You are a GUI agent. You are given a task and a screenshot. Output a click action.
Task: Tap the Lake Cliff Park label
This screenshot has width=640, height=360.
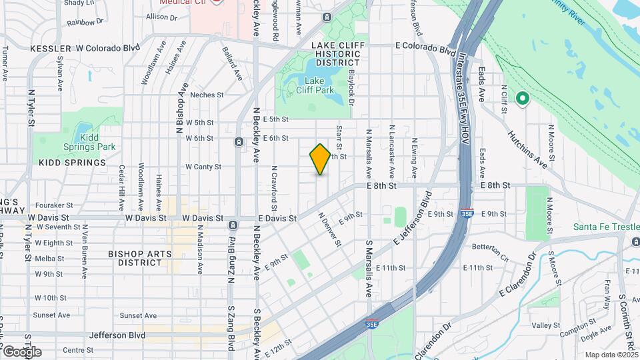click(x=315, y=85)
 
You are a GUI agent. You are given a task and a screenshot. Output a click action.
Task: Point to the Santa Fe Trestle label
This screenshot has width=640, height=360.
click(x=606, y=227)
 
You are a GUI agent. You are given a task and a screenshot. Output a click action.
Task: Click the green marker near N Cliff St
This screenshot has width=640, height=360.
click(x=523, y=99)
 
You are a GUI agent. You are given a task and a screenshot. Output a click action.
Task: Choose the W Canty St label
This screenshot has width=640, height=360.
click(x=203, y=167)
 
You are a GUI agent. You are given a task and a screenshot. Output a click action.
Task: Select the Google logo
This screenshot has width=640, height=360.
click(x=21, y=351)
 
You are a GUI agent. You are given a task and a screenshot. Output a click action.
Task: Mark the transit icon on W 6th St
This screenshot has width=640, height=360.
click(x=238, y=142)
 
